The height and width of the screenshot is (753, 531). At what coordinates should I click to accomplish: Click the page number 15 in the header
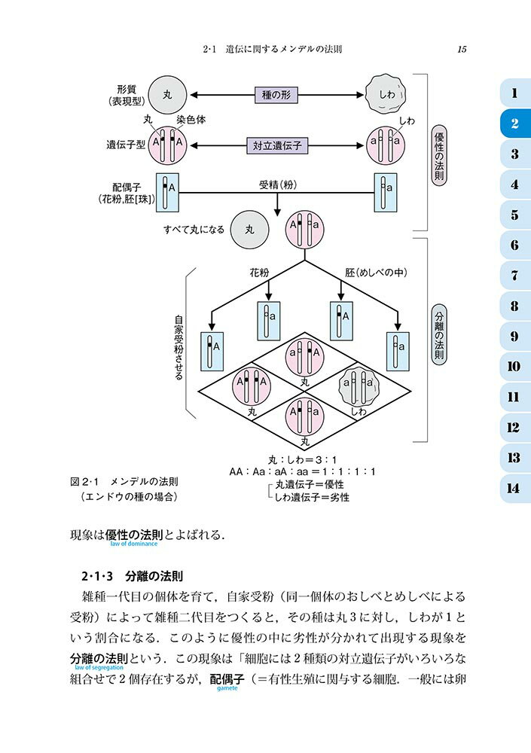point(462,50)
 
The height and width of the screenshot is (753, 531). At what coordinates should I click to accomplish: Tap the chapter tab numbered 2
point(514,124)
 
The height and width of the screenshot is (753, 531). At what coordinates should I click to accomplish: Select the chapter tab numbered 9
point(514,337)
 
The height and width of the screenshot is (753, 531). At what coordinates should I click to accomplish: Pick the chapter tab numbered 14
point(514,488)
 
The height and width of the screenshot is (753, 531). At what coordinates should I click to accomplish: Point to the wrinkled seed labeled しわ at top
point(386,96)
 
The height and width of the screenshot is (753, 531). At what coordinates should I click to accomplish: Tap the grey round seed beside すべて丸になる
point(250,229)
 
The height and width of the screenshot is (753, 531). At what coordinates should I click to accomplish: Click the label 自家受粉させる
point(179,347)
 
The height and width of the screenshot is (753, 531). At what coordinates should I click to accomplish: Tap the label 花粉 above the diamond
point(260,274)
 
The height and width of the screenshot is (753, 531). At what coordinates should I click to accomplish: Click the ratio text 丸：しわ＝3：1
point(303,459)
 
